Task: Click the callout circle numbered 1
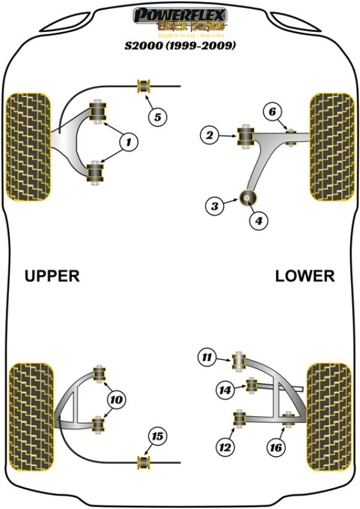coord(128,142)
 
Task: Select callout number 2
coord(209,136)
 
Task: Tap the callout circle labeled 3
coord(214,207)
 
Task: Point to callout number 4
coord(258,221)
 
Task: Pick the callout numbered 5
coord(157,117)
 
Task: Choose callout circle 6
coord(272,112)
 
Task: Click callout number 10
coord(116,399)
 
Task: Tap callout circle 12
coord(226,447)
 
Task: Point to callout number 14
coord(226,390)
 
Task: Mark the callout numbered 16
coord(277,447)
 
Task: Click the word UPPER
coord(52,276)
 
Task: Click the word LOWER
coord(305,276)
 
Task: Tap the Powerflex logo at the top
coord(179,19)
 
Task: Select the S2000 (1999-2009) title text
coord(179,45)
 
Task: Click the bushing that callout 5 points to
coord(144,86)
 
